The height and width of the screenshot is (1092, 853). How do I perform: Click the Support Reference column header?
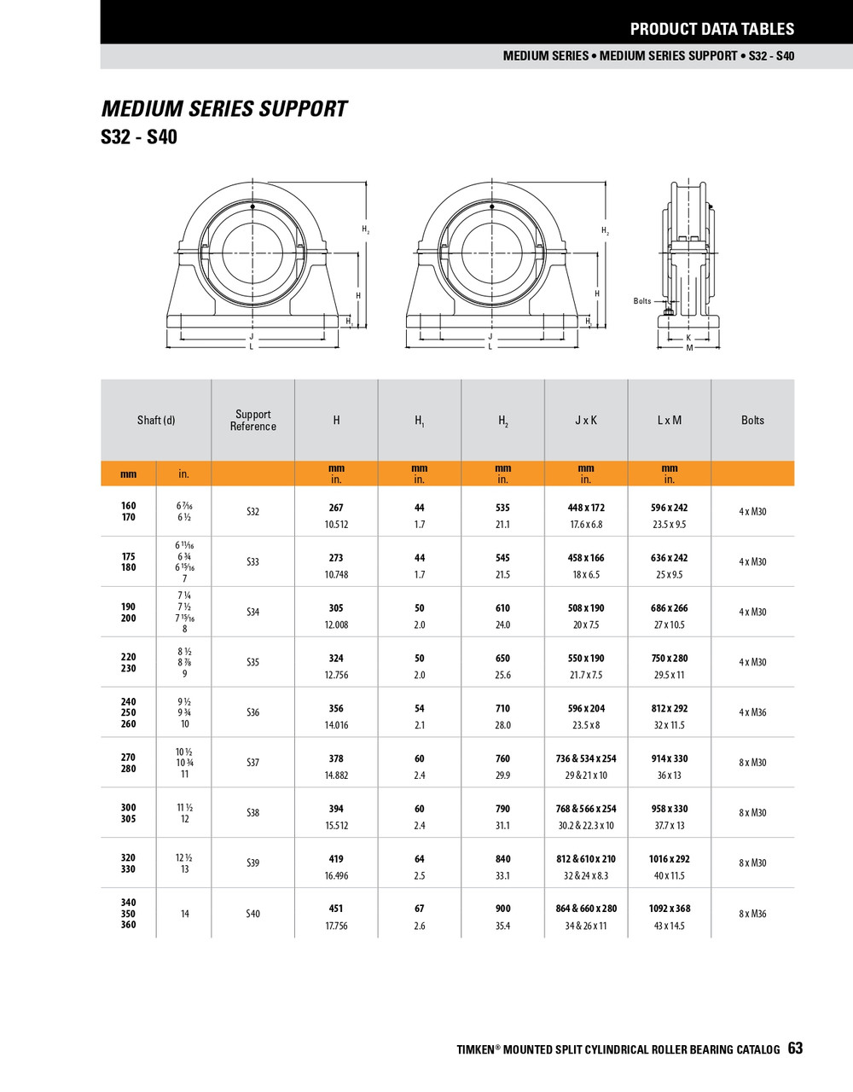252,421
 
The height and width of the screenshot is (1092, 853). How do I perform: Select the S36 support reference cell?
252,712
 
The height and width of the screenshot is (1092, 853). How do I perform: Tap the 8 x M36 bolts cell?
752,914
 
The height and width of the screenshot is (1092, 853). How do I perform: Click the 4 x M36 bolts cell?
752,712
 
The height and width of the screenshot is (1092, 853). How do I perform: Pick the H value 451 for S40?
336,909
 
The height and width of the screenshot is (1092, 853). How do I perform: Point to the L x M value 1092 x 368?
670,909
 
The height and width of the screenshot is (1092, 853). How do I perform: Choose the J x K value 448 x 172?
586,508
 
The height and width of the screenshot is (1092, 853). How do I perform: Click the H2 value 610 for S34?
502,608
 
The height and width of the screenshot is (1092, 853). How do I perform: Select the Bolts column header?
752,421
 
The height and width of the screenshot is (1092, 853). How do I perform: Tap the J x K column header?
586,421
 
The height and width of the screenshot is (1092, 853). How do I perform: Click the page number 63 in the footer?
795,1048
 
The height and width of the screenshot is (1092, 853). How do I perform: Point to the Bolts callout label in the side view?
641,301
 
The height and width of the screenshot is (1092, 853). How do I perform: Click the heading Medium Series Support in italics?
224,109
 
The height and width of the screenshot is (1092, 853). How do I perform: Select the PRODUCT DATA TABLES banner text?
711,29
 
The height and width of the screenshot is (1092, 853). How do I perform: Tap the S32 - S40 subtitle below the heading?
139,137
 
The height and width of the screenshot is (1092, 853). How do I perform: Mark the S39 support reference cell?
252,863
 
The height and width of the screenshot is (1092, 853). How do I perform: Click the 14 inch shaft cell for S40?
184,914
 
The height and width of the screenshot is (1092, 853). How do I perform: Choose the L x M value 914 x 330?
670,758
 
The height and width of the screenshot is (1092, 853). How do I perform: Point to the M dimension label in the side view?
689,348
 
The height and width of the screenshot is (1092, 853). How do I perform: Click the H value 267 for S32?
336,508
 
